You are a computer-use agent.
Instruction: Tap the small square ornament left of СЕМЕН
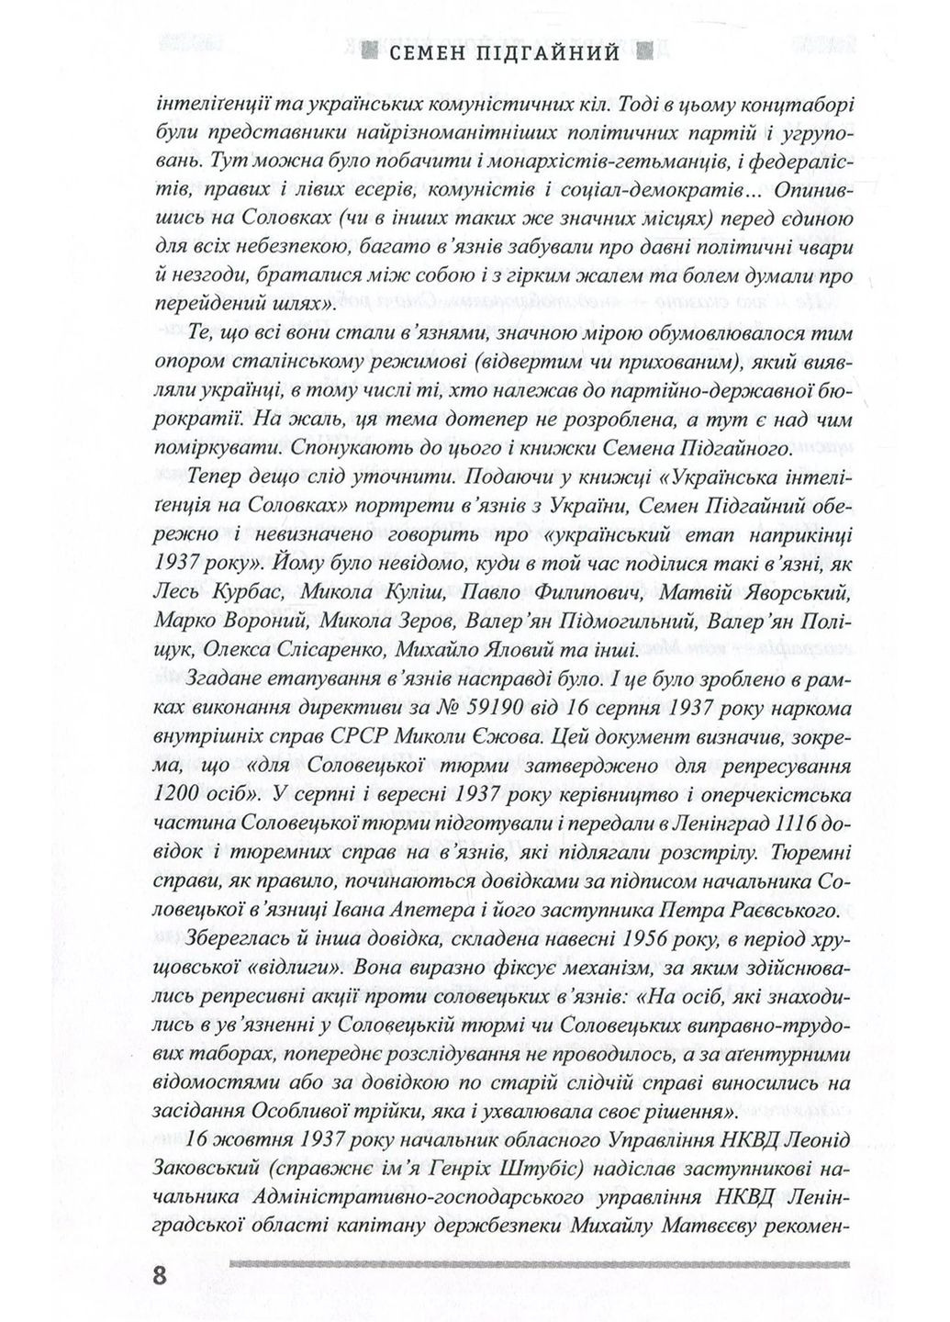(370, 52)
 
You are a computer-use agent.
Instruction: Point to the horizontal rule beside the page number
(541, 1265)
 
